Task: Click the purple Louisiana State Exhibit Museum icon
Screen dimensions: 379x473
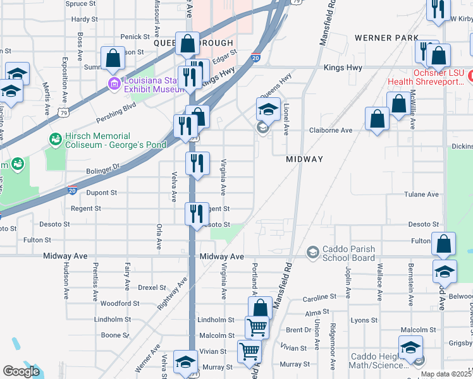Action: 114,84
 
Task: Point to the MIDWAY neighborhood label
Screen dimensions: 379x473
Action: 304,159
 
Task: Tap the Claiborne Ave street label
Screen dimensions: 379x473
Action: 330,130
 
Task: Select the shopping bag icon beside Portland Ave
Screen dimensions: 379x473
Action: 260,308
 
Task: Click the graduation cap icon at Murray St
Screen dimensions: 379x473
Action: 185,362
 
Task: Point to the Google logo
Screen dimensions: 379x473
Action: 21,372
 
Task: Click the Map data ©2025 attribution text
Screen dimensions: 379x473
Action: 445,374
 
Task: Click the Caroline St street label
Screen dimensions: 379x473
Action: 319,297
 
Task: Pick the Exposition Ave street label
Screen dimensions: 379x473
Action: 64,79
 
